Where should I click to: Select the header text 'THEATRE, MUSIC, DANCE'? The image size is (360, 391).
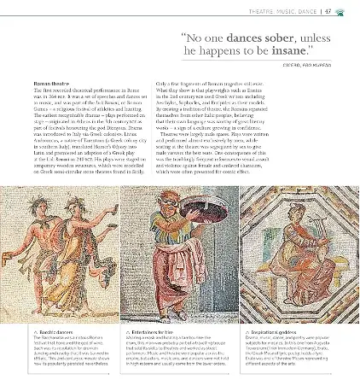point(282,11)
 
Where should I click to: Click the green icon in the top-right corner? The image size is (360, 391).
point(342,11)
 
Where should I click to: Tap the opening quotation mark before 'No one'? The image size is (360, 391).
point(184,37)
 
